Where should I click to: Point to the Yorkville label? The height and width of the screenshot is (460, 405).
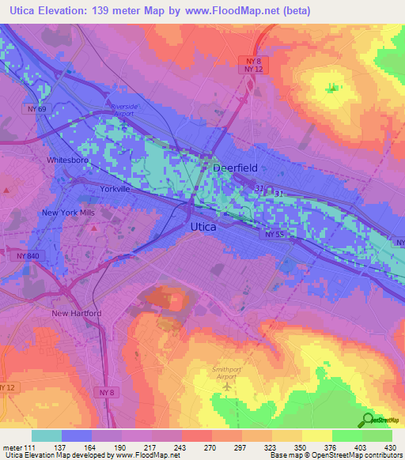pos(115,190)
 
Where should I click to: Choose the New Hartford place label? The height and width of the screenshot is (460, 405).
pos(77,313)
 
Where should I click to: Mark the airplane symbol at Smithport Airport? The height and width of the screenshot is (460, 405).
pos(229,386)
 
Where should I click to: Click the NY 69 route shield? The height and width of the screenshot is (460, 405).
pos(34,108)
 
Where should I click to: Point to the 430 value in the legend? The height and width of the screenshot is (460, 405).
pos(392,447)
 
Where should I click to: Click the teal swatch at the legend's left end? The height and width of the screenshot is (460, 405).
pos(47,435)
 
